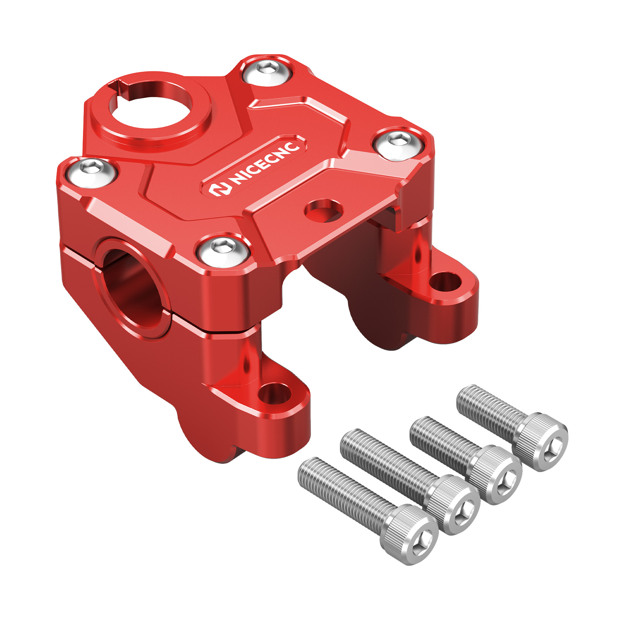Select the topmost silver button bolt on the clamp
coord(267,71)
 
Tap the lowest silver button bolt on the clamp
coord(223,250)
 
